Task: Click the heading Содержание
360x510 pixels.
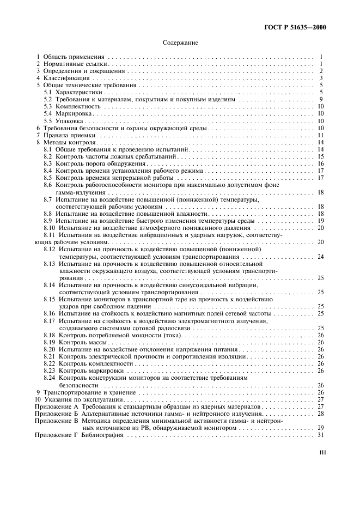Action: tap(180, 42)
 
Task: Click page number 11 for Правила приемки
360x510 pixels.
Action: tap(321, 135)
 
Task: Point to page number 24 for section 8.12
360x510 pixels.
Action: tap(321, 256)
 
